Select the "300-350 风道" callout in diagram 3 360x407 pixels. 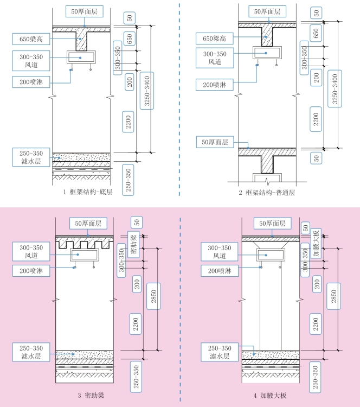click(x=30, y=252)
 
